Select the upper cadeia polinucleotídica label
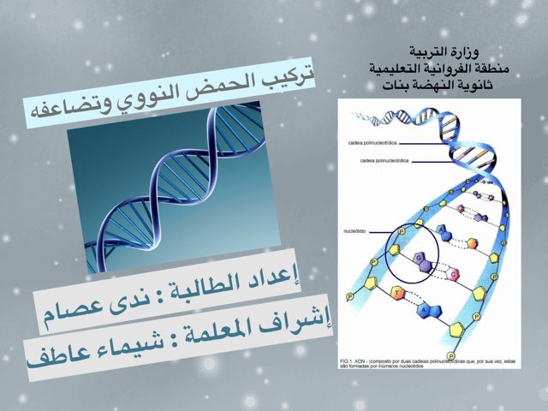(x=371, y=144)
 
